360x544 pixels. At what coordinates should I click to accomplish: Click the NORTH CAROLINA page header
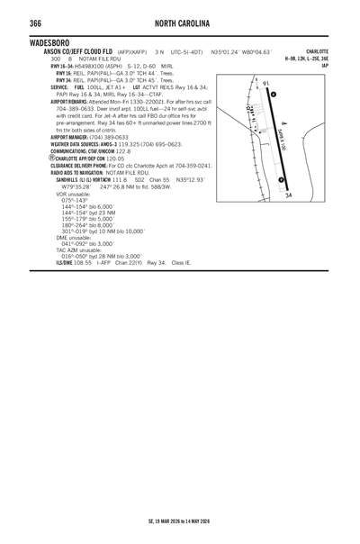pyautogui.click(x=180, y=22)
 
